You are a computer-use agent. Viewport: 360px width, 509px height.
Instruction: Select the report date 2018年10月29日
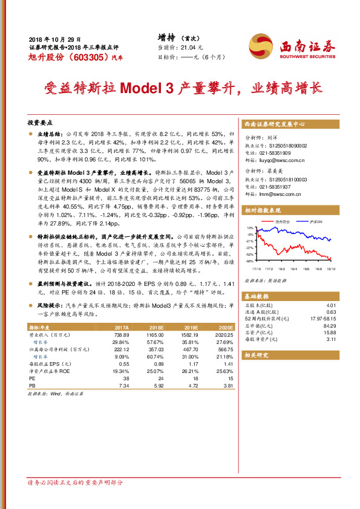pyautogui.click(x=54, y=37)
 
